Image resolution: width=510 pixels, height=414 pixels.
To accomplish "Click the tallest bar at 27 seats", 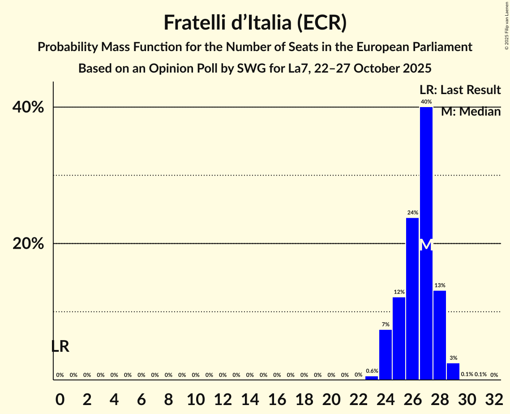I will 426,179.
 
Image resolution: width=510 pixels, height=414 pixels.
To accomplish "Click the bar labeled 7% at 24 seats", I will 385,354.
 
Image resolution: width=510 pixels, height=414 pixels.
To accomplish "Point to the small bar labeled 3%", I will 453,371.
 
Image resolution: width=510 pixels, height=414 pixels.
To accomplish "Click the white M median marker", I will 426,245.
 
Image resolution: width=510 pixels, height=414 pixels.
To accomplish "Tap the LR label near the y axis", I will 60,346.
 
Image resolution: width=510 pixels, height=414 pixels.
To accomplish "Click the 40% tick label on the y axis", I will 28,108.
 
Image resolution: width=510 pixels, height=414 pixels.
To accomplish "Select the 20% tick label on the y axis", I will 28,244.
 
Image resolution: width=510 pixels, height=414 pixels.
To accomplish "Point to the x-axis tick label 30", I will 467,398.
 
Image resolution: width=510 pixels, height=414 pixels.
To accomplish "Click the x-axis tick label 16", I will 277,398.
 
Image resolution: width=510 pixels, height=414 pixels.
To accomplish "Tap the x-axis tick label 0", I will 60,398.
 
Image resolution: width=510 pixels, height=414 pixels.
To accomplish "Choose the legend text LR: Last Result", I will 460,90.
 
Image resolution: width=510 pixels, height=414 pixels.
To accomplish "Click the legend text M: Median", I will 471,112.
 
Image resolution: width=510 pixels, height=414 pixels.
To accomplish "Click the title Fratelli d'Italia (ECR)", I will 255,23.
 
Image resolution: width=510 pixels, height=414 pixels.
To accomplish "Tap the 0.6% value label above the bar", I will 372,371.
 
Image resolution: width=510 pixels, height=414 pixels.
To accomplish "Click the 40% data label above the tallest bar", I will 426,102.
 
